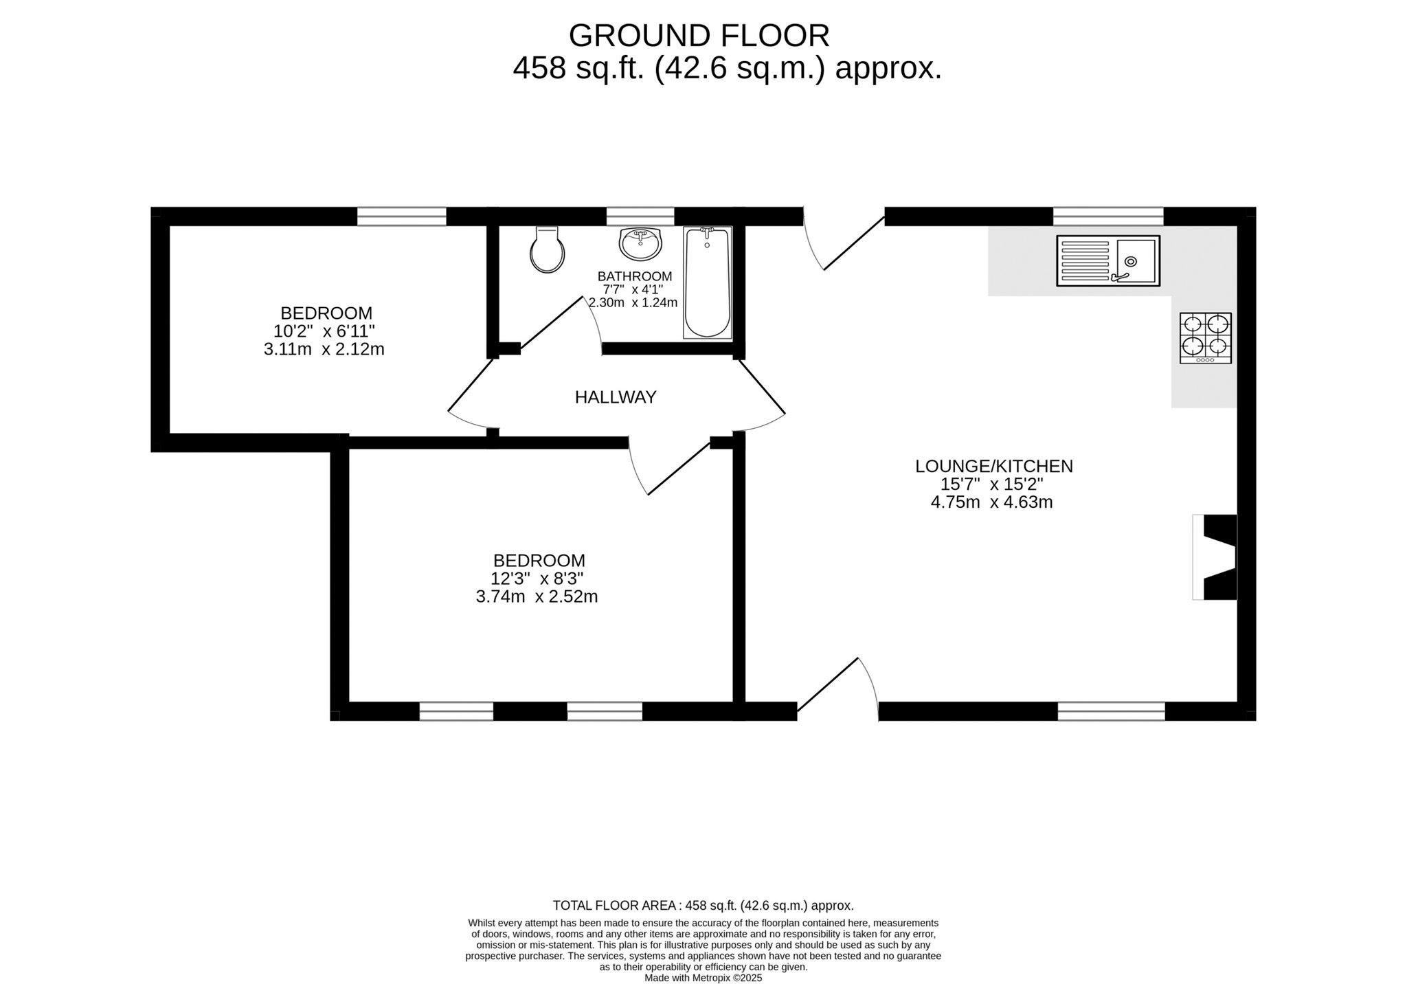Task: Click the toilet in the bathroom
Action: pos(548,249)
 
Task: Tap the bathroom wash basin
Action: pos(640,244)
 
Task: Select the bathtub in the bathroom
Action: pos(707,282)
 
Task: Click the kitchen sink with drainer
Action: pos(1108,261)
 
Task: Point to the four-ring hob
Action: pos(1206,338)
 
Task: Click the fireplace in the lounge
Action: pos(1215,557)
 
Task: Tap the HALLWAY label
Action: pos(616,397)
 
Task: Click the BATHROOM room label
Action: pos(635,276)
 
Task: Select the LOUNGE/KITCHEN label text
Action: pos(993,467)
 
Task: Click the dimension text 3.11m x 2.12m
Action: pos(324,350)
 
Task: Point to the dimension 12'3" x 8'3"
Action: pos(537,579)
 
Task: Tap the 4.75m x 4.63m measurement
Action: pos(991,502)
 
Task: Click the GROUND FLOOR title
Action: pos(699,35)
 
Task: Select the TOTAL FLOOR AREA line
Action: pos(703,906)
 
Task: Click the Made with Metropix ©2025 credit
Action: pos(703,978)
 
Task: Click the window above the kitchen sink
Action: pos(1108,216)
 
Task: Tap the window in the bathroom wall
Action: pos(640,216)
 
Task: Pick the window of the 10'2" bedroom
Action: pos(402,216)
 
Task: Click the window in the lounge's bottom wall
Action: pos(1111,711)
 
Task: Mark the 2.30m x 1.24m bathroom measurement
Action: pos(633,303)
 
